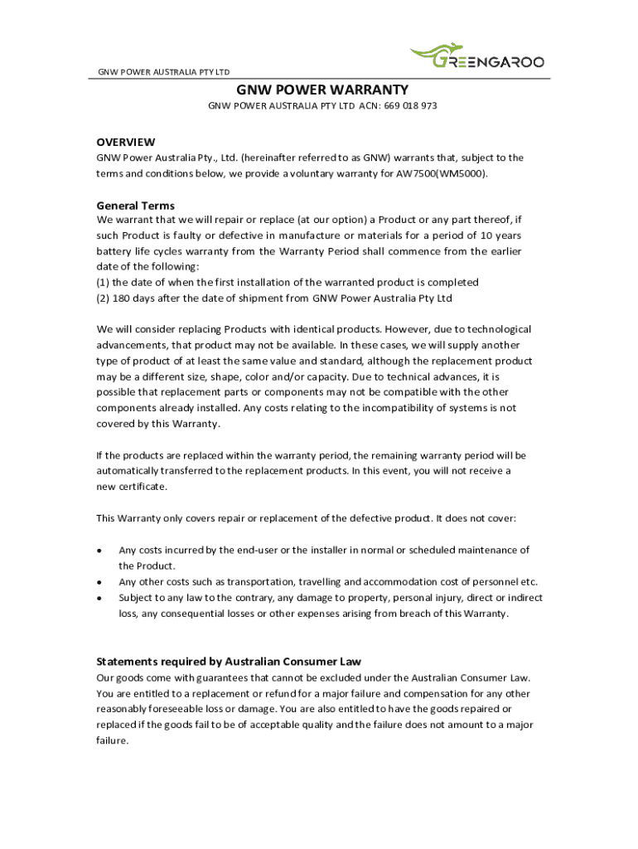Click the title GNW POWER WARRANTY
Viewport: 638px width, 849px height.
322,90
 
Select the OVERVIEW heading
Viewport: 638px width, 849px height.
125,142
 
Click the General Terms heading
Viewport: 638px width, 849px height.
136,206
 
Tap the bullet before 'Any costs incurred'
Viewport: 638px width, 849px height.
99,551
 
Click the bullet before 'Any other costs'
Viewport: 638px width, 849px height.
99,582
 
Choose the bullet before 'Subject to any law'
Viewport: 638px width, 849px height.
99,598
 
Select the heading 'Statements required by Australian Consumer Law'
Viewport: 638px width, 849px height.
230,662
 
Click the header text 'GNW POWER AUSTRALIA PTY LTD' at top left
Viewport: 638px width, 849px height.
164,71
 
